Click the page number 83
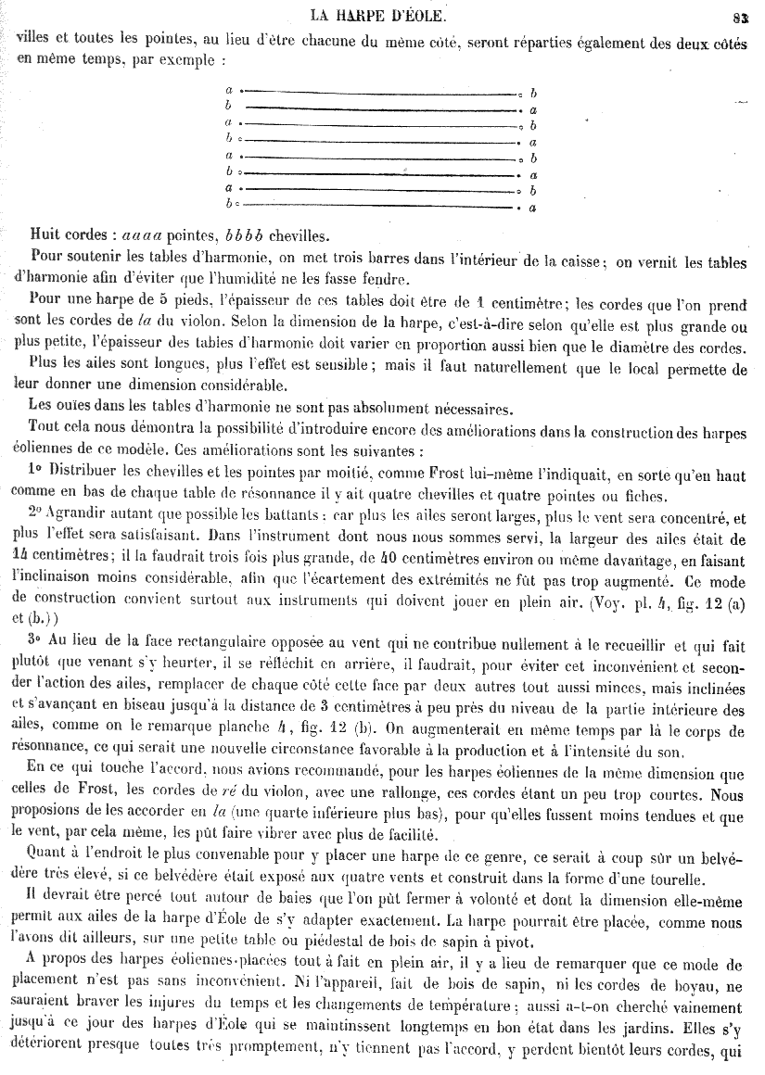pyautogui.click(x=740, y=16)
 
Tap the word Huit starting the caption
pyautogui.click(x=46, y=234)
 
